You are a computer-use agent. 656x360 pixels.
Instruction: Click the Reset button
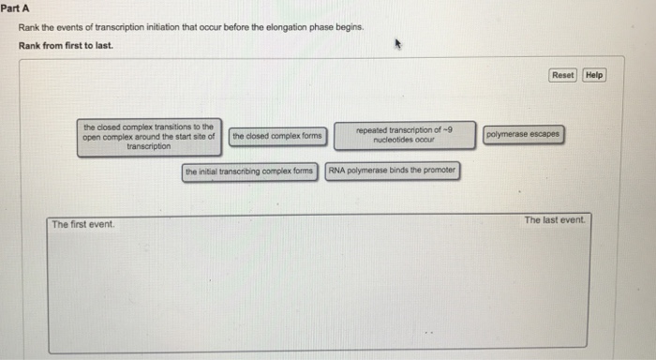(x=562, y=75)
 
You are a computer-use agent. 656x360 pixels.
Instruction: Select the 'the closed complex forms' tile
(x=276, y=136)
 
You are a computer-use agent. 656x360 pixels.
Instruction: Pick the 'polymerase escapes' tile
(x=523, y=134)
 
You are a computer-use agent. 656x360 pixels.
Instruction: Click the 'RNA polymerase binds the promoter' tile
(x=393, y=171)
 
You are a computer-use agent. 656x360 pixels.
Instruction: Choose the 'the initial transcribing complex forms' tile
(x=249, y=172)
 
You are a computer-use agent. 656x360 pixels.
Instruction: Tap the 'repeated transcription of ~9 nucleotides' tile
(x=405, y=135)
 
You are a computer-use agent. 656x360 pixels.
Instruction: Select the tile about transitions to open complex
(x=148, y=137)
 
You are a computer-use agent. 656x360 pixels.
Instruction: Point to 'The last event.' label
(x=554, y=220)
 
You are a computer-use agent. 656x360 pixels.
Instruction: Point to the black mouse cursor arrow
(x=397, y=43)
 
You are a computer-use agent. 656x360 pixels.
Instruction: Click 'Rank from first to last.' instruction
(x=66, y=45)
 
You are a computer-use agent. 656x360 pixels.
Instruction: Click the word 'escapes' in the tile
(x=543, y=134)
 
